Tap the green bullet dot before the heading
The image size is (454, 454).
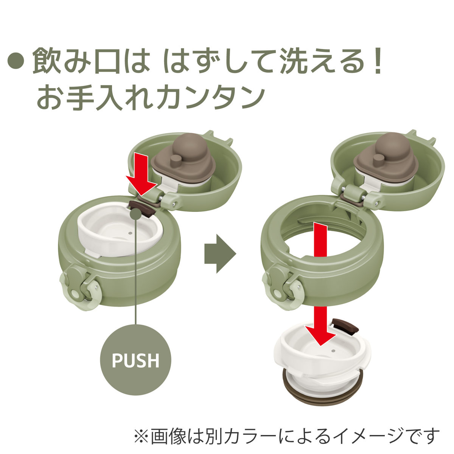click(16, 61)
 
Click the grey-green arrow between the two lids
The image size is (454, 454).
click(219, 253)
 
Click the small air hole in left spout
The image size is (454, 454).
click(129, 233)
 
